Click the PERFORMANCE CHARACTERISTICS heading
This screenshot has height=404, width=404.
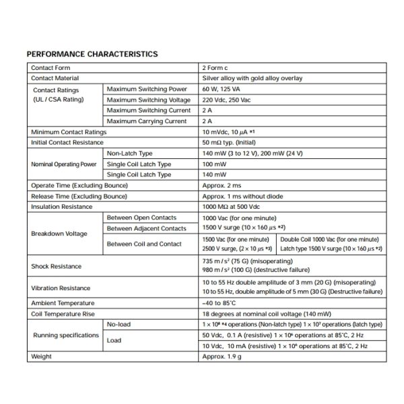tap(92, 54)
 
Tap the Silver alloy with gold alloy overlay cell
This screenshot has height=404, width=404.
tap(252, 79)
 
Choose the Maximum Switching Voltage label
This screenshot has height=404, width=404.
tap(147, 100)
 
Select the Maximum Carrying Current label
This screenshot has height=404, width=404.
tap(147, 121)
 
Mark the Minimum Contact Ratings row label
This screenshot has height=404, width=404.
tap(69, 132)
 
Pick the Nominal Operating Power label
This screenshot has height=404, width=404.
tap(65, 164)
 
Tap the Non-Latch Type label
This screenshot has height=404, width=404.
tap(130, 154)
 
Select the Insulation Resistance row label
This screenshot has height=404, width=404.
tap(61, 207)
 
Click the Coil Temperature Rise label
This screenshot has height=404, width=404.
tap(64, 314)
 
